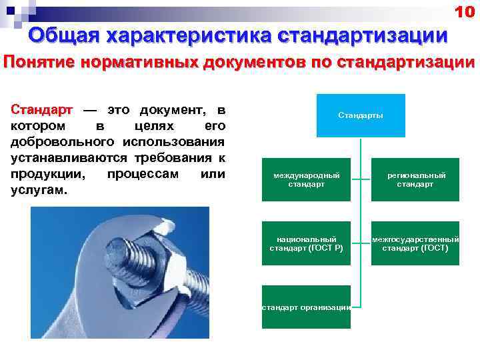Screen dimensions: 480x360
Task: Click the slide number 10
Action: click(464, 11)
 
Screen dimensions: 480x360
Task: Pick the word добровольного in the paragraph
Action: click(64, 142)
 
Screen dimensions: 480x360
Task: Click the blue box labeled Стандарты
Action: click(361, 115)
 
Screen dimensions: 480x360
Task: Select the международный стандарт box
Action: click(306, 179)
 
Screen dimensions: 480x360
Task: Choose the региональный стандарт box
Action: click(416, 179)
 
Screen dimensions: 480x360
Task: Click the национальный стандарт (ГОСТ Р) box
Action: click(306, 243)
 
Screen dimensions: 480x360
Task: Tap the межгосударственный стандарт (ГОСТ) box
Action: click(416, 243)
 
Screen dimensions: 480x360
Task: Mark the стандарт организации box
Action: click(306, 307)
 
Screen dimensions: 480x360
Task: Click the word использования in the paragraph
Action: click(174, 142)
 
